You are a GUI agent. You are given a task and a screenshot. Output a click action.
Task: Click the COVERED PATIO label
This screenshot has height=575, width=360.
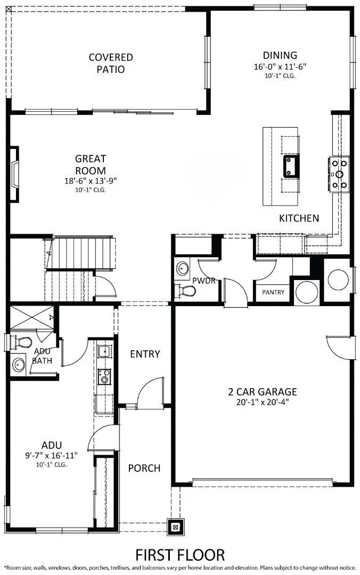(111, 63)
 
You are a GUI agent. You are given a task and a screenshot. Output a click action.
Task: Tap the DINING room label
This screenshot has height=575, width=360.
(280, 55)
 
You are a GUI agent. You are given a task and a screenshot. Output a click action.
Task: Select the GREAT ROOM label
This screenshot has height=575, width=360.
(90, 164)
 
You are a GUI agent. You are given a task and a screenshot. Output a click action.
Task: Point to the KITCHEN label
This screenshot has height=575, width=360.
(299, 218)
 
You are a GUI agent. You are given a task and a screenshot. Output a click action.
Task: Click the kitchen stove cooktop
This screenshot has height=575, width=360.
(340, 174)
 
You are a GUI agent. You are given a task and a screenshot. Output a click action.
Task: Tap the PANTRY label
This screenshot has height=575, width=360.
(273, 292)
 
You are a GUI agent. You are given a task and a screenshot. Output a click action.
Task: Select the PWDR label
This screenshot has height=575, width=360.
(204, 281)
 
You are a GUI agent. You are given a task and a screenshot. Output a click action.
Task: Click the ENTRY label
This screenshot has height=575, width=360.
(145, 354)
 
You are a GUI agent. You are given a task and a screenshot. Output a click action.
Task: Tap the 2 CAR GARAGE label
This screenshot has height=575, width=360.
(263, 392)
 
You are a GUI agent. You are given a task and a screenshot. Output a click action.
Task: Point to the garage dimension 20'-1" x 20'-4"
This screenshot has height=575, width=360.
(263, 403)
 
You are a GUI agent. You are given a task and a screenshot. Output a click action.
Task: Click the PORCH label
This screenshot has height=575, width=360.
(144, 468)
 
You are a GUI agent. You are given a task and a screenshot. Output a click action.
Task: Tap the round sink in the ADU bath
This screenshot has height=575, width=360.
(20, 365)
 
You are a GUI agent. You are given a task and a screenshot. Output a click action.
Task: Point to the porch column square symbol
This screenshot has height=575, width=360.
(175, 527)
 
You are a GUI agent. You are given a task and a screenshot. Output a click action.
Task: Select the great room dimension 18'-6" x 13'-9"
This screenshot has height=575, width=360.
(90, 180)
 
